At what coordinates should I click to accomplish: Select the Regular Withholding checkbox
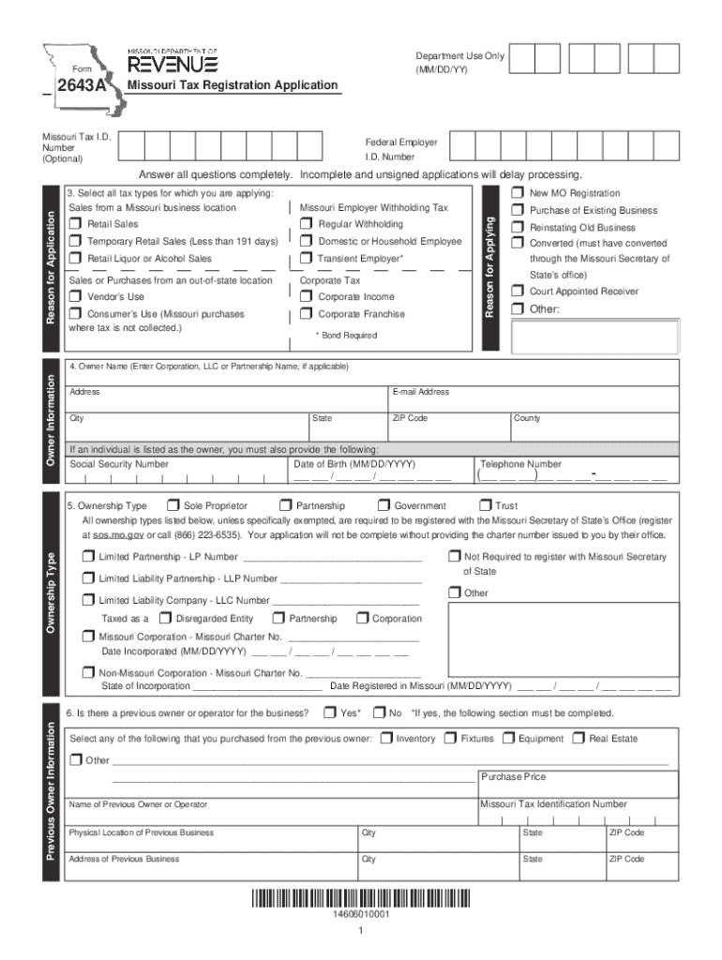click(307, 225)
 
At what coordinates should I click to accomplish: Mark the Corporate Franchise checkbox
click(307, 315)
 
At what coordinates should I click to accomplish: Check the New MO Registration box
click(518, 193)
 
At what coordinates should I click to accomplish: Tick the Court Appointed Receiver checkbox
click(518, 292)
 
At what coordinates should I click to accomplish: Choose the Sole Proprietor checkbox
click(172, 506)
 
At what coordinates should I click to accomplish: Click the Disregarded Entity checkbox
click(164, 619)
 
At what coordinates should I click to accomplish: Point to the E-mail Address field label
click(421, 392)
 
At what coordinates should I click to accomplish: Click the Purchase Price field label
click(513, 777)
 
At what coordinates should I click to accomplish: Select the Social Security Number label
click(119, 464)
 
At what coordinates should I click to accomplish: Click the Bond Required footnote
click(346, 336)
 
